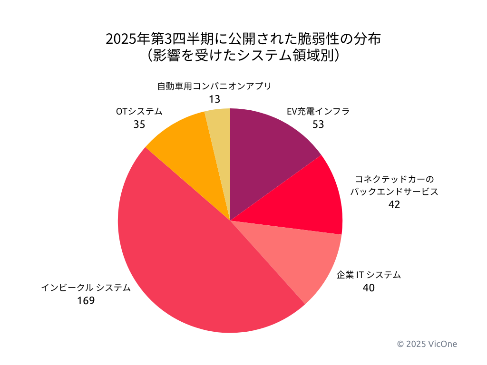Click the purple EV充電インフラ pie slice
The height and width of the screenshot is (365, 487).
(x=266, y=152)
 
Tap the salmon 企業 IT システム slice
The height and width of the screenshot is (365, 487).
(x=290, y=257)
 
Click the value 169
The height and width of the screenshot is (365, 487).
(x=86, y=301)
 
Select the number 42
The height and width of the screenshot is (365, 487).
(x=394, y=205)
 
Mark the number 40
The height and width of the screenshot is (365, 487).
(x=369, y=288)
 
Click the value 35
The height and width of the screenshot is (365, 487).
(x=139, y=125)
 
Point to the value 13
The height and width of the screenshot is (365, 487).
(x=214, y=99)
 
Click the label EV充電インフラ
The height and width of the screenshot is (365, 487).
(x=318, y=112)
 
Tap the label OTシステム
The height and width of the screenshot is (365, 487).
(x=139, y=112)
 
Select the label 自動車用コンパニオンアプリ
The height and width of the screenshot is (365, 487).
(x=214, y=86)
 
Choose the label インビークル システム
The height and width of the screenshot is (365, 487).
(x=86, y=288)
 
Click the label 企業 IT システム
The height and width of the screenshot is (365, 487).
(x=369, y=275)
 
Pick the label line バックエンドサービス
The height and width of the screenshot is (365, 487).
(x=394, y=192)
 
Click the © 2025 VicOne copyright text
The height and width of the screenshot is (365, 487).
(x=427, y=344)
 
